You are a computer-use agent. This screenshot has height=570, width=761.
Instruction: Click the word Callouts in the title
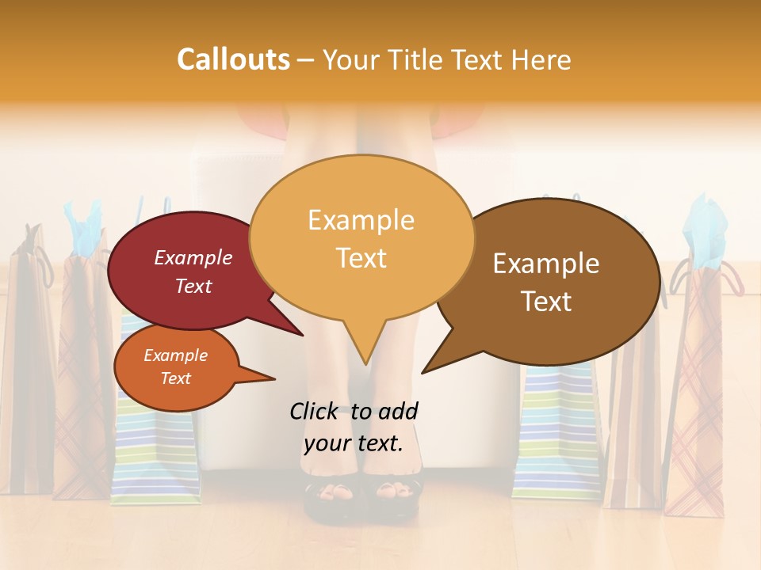tap(233, 59)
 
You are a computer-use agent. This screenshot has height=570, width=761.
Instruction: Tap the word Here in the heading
tap(541, 59)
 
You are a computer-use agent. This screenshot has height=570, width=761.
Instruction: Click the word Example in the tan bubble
tap(361, 220)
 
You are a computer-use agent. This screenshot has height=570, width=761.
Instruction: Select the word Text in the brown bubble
tap(547, 302)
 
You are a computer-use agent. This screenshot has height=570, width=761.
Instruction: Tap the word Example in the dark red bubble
tap(193, 258)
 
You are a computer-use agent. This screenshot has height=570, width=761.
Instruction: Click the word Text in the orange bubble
tap(175, 378)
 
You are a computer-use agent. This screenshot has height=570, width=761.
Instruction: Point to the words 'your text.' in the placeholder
tap(354, 443)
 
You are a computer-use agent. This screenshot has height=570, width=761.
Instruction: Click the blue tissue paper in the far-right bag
tap(707, 230)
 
